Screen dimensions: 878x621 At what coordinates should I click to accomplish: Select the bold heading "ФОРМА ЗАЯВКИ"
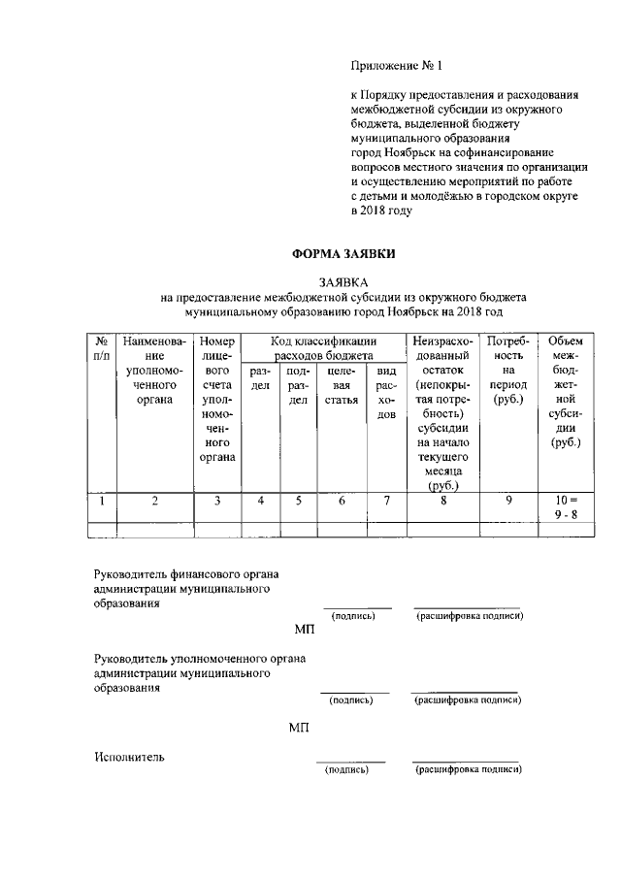[343, 254]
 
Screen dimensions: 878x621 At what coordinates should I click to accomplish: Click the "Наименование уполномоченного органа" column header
[154, 370]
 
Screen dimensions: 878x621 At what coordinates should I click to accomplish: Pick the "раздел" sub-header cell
[260, 379]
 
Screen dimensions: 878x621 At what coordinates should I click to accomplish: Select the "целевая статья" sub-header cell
[341, 379]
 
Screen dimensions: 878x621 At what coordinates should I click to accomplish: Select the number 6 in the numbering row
[341, 501]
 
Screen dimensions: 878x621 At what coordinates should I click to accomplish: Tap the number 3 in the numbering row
[218, 501]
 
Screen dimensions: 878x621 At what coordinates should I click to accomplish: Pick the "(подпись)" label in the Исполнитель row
[347, 770]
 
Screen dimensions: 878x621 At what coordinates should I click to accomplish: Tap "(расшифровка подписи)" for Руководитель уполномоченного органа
[468, 699]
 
